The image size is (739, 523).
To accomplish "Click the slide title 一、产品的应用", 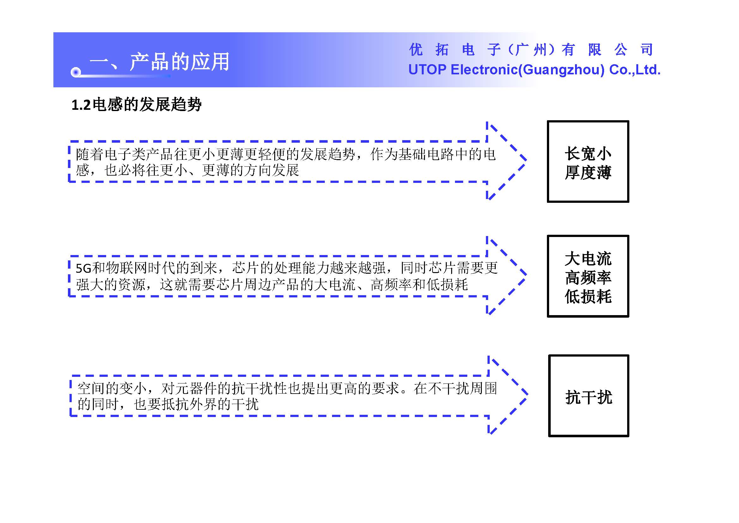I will click(x=160, y=61).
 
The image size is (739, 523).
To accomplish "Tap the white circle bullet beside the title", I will click(x=76, y=72).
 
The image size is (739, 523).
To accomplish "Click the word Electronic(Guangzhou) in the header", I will click(x=528, y=70).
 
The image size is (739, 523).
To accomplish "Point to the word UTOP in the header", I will click(x=427, y=70).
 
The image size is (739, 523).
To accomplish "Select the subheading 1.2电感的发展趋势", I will click(x=136, y=105).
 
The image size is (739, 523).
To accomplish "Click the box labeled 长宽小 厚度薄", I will click(x=588, y=161).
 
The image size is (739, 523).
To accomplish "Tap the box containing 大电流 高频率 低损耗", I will click(x=588, y=276).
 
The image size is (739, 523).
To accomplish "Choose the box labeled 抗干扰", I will click(x=588, y=396).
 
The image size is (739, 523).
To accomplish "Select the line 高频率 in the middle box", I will click(x=588, y=277).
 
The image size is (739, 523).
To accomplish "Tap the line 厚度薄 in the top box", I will click(x=588, y=172).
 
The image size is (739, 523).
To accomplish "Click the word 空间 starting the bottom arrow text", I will click(x=91, y=388).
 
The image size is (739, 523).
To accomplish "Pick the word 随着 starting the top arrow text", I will click(x=90, y=154).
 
